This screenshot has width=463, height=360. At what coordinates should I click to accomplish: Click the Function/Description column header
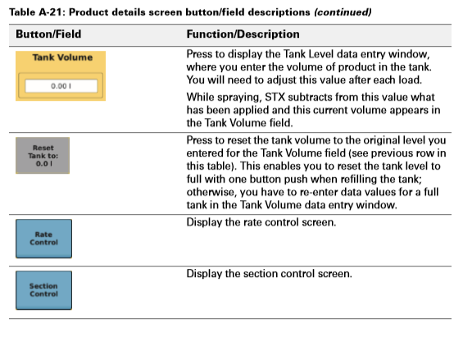(243, 34)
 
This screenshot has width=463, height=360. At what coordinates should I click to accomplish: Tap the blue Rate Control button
(43, 239)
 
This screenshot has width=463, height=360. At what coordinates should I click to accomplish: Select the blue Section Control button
(43, 290)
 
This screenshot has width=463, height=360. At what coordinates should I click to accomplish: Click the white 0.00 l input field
(61, 85)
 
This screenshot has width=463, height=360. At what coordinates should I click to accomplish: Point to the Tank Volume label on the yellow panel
(61, 57)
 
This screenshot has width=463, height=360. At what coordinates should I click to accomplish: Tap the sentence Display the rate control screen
(268, 222)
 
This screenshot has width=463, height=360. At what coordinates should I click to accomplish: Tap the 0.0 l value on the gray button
(43, 163)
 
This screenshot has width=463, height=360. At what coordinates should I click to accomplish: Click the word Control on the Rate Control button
(43, 244)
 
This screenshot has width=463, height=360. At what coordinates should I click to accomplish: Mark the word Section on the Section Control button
(43, 285)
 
